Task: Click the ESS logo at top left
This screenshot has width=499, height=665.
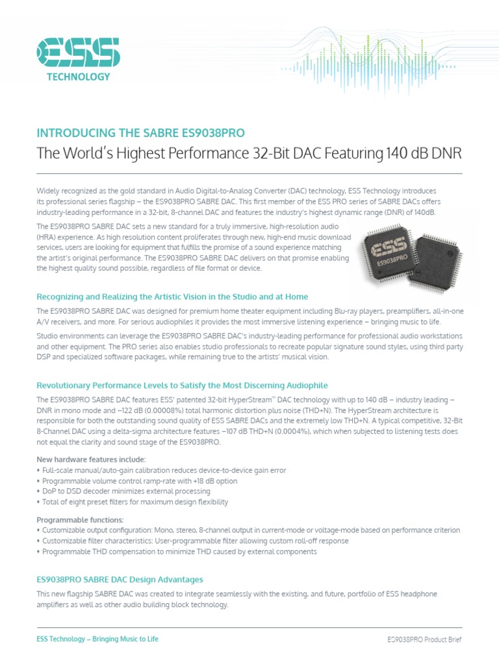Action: [78, 51]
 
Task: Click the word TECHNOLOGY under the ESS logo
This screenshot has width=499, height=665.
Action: [78, 77]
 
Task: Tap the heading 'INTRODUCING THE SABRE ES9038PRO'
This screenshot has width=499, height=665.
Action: [140, 133]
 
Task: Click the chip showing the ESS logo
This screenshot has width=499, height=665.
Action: [392, 251]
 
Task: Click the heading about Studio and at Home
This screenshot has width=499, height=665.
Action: [172, 296]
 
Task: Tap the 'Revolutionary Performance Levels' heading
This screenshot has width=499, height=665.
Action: [182, 385]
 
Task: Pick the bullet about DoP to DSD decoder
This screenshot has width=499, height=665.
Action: [118, 492]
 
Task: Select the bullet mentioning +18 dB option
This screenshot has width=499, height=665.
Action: [136, 481]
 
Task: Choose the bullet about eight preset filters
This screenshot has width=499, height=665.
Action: [132, 502]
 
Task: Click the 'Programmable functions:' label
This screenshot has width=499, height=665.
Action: [79, 520]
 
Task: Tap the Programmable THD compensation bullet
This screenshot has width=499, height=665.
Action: [176, 551]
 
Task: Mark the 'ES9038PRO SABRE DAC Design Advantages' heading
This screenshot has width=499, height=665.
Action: [120, 579]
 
